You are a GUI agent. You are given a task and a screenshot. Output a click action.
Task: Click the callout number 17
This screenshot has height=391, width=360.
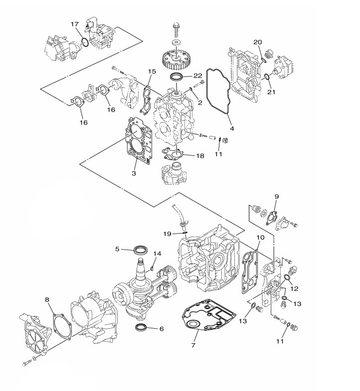click(x=75, y=24)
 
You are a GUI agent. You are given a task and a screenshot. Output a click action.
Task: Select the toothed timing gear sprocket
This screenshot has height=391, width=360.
click(x=176, y=59)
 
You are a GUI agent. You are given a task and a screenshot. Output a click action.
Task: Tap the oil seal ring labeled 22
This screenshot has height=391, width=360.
click(x=177, y=77)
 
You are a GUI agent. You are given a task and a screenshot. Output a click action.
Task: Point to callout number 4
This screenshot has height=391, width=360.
click(x=232, y=129)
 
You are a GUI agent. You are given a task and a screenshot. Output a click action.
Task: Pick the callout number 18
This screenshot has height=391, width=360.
click(x=200, y=156)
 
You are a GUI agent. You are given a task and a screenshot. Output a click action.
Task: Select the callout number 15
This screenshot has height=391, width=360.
click(x=152, y=72)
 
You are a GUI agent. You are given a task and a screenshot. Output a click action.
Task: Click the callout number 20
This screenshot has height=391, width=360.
click(x=258, y=42)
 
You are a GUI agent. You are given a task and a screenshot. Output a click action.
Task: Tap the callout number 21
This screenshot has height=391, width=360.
click(x=271, y=92)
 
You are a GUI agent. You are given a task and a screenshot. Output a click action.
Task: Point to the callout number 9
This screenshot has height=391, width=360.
click(x=277, y=197)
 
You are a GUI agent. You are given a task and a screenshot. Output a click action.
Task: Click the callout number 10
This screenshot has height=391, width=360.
click(x=260, y=238)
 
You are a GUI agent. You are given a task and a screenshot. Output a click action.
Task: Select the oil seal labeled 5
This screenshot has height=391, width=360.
click(x=141, y=250)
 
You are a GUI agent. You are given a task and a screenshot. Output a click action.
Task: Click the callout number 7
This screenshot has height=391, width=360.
click(x=193, y=345)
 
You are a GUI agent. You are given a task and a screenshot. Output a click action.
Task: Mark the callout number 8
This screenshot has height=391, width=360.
click(x=47, y=299)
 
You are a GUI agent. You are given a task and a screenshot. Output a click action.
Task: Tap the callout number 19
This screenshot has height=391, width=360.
click(x=167, y=234)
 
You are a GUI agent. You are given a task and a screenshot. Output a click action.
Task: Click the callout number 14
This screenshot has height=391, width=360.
click(x=157, y=254)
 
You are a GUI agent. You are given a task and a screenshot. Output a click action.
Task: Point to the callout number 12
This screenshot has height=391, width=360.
click(x=295, y=288)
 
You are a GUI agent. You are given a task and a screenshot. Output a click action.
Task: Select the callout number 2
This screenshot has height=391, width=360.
click(x=200, y=103)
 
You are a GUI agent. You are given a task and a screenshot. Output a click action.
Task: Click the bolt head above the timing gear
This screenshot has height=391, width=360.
click(x=176, y=25)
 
